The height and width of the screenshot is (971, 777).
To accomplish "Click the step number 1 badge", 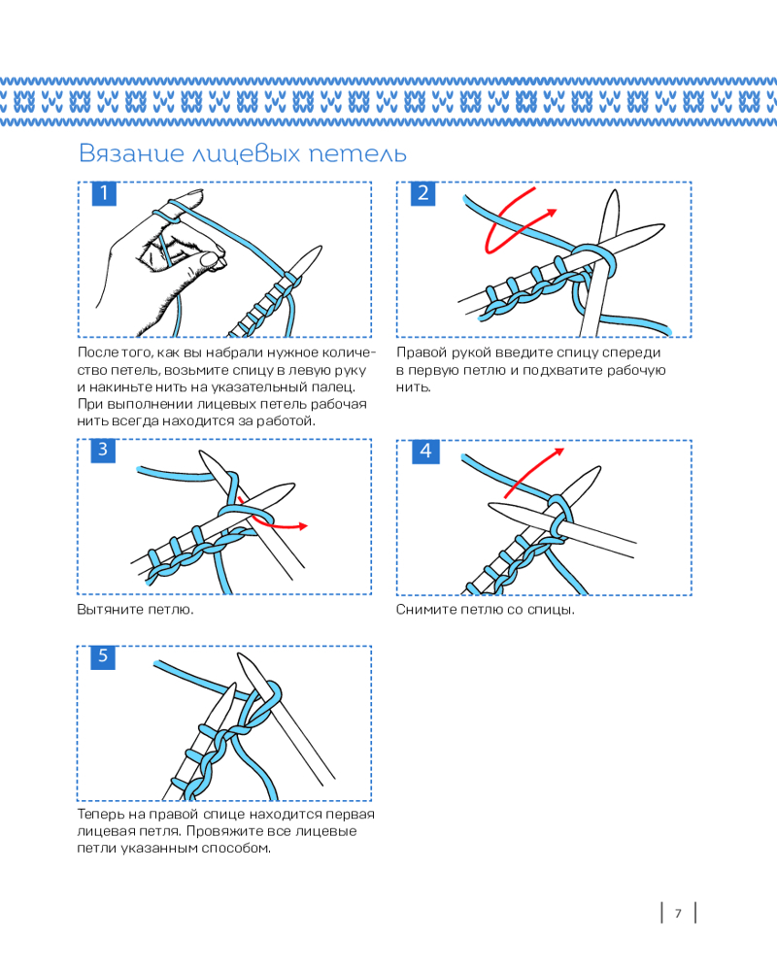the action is click(x=104, y=193).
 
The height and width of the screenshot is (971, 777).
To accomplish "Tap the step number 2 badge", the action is click(x=423, y=193).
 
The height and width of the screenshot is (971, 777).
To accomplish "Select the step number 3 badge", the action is click(x=103, y=450).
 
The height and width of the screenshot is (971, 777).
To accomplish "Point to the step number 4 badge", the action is click(x=425, y=451).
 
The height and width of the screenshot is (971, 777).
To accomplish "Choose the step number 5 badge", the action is click(x=103, y=656).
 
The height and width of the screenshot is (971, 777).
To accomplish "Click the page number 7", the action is click(x=678, y=914).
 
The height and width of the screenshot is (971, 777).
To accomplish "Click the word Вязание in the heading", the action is click(x=131, y=153).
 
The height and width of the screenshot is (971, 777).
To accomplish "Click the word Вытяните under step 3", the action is click(x=111, y=610).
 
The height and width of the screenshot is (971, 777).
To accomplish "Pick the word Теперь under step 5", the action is click(x=101, y=814).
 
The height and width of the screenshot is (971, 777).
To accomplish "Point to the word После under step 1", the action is click(x=98, y=352).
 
